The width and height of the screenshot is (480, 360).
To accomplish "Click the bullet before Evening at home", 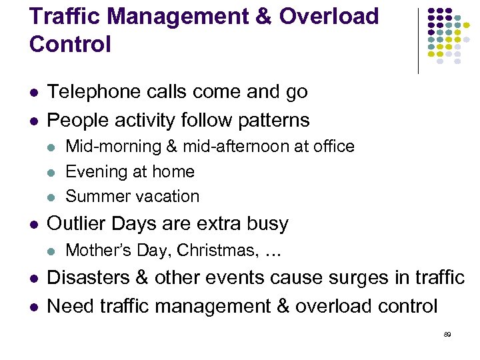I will click(x=53, y=173).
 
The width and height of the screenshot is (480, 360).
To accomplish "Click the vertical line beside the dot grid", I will click(x=418, y=40).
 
